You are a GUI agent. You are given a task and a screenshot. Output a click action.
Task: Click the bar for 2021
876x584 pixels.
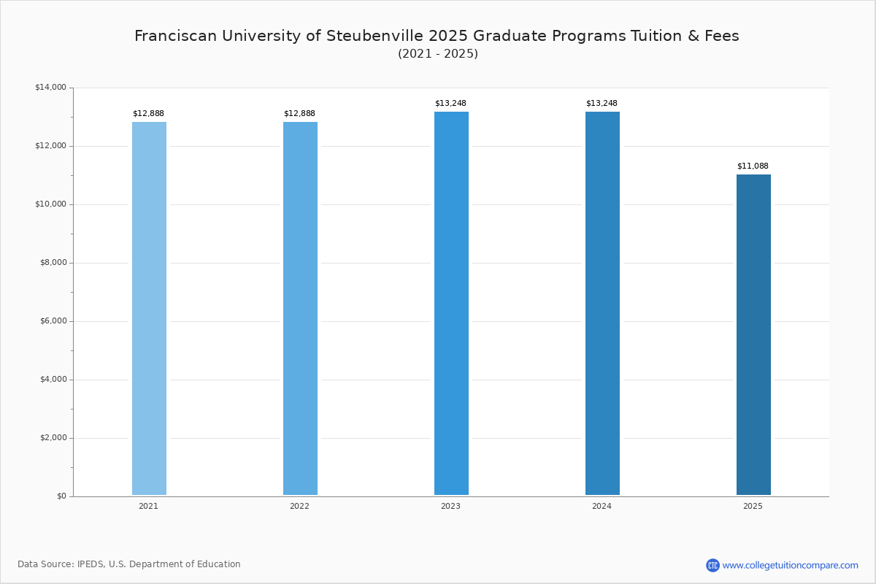coord(149,308)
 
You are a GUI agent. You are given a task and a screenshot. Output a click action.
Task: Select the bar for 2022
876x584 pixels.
coord(300,308)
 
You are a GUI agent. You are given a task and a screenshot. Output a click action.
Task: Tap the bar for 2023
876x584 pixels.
coord(451,303)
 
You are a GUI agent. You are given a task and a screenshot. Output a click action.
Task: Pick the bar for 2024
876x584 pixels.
coord(602,303)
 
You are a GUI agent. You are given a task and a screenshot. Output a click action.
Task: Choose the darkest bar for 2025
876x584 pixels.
coord(753,334)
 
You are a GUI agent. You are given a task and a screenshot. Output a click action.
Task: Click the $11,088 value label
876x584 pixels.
coord(753,166)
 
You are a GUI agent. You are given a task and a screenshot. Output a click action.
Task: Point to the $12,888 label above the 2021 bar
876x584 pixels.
coord(148,114)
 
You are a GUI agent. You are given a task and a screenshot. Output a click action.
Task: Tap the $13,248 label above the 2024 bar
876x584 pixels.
coord(602,104)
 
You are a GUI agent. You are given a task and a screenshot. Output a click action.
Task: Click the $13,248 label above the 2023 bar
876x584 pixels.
coord(450,104)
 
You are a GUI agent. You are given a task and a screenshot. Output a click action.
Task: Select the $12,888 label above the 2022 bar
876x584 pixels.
coord(299,114)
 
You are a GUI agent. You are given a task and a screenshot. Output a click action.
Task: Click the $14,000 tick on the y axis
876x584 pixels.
coord(50,88)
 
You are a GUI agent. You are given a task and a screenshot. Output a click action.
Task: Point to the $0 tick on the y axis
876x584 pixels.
coord(61,496)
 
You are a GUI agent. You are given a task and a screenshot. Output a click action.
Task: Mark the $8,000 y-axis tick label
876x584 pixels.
coord(53,263)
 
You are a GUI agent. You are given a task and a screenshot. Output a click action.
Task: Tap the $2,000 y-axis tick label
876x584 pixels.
coord(53,438)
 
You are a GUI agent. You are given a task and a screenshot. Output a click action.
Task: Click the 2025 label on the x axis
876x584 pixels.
coord(753,506)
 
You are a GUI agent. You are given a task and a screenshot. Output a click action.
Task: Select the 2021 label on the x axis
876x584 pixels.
coord(148,506)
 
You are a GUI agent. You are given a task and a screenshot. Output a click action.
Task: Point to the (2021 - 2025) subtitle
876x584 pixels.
coord(438,54)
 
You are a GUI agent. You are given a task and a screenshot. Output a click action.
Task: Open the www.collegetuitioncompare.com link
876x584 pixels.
coord(790,565)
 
